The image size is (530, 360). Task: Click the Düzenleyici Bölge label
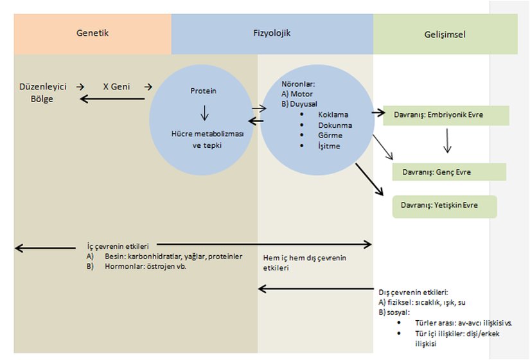click(35, 93)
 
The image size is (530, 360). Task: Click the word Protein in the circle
click(203, 91)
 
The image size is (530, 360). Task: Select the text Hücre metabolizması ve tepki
click(203, 139)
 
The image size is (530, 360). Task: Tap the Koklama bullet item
click(332, 114)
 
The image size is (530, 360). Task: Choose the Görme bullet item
click(330, 136)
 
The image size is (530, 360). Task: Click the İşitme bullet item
click(329, 146)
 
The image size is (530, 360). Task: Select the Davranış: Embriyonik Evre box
click(445, 116)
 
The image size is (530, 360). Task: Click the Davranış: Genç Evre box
click(449, 172)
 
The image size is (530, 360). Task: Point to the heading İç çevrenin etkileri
click(118, 246)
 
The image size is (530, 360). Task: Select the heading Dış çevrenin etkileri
click(413, 292)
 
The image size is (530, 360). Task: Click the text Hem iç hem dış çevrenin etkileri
click(305, 262)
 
